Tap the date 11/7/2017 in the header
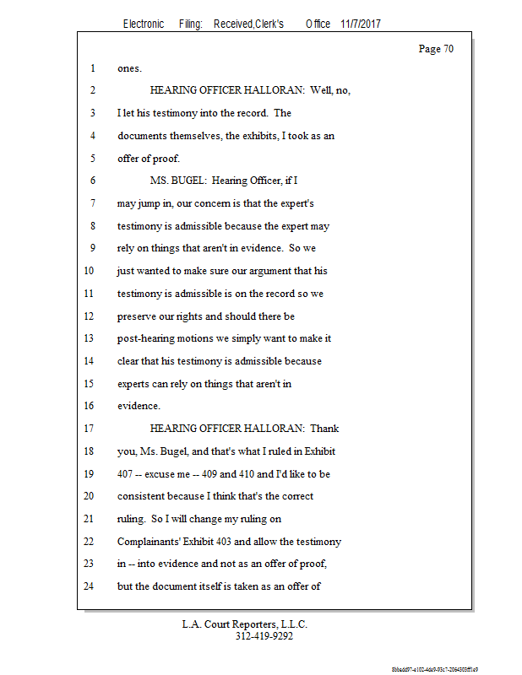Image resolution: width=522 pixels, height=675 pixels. tap(361, 24)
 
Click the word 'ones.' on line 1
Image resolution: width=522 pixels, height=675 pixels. tap(129, 68)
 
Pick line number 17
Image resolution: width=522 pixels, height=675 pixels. tap(90, 428)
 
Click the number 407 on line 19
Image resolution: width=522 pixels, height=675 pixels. tap(126, 473)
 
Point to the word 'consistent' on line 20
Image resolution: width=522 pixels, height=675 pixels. tap(142, 496)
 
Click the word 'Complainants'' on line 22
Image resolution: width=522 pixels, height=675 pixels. tap(152, 541)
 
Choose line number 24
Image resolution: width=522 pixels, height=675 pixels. tap(90, 586)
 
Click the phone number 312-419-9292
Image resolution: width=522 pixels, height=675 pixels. tap(264, 636)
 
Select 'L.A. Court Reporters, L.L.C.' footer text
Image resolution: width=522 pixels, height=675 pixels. tap(245, 624)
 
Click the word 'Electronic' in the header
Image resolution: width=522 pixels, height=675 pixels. tap(144, 24)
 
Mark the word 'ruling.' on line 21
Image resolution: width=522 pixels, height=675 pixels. tap(133, 518)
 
